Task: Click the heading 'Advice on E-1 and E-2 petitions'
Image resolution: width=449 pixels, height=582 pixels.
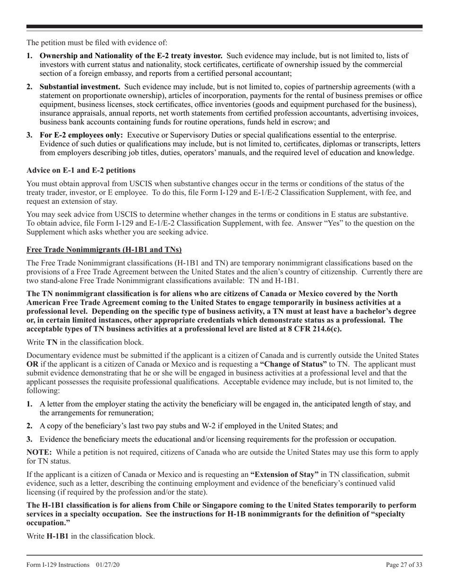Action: (x=81, y=170)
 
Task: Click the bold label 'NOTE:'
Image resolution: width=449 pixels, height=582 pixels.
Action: (x=39, y=452)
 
